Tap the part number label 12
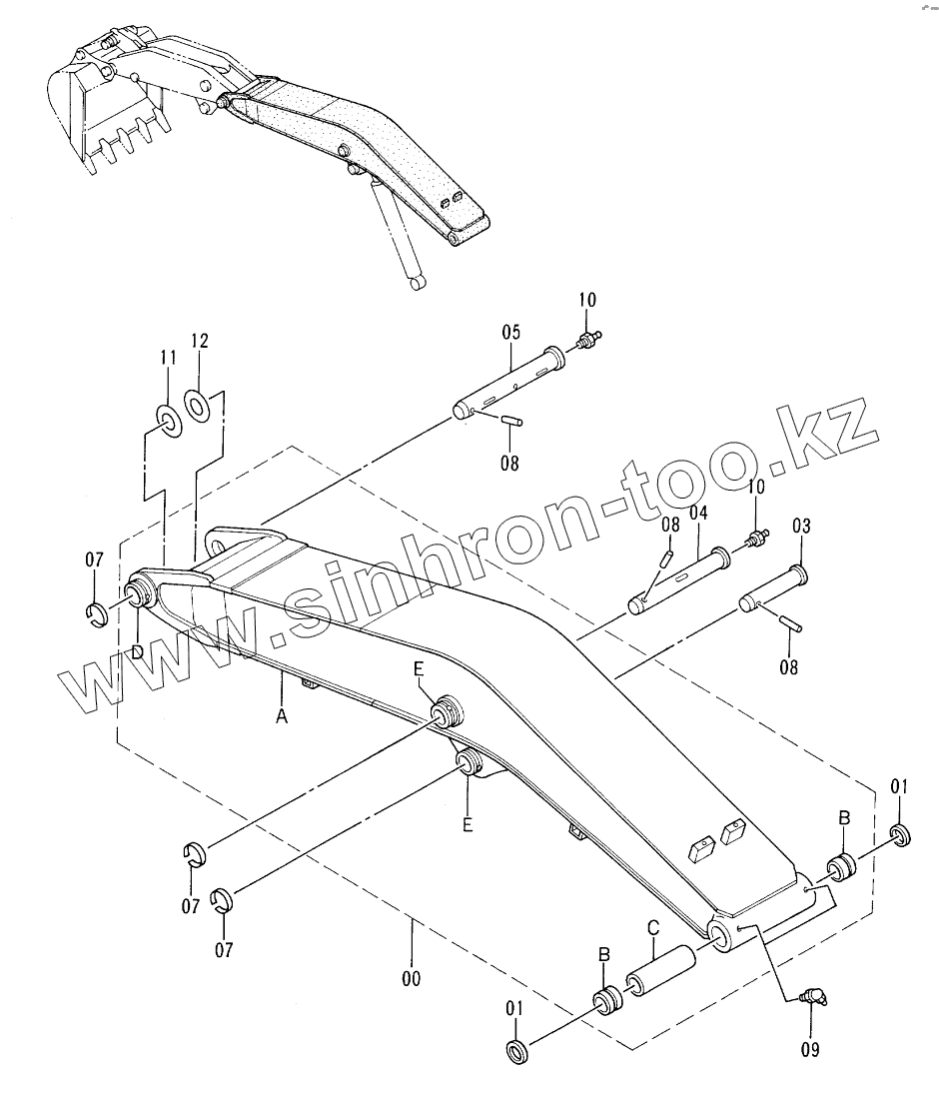click(x=200, y=341)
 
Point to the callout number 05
click(x=510, y=331)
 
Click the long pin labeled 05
click(x=512, y=381)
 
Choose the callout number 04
click(x=697, y=513)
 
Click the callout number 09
click(x=809, y=1049)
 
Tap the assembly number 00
click(x=411, y=978)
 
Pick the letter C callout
click(x=652, y=928)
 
